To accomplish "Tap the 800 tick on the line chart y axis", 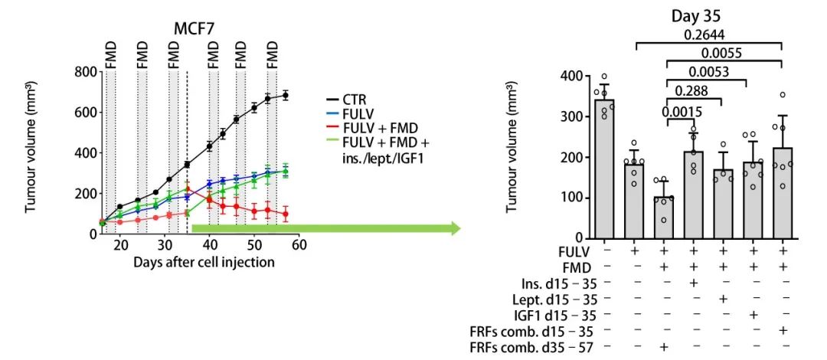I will click(84, 72).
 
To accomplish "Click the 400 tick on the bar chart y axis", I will click(570, 77).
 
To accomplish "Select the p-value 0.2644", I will click(708, 34).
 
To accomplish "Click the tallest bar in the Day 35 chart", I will click(604, 169).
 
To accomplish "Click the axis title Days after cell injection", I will click(204, 261).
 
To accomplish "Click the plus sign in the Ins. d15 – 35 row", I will click(693, 281).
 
